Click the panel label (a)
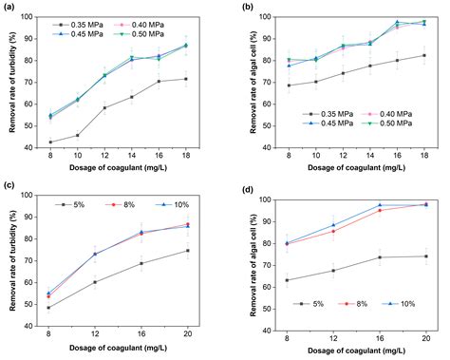pyautogui.click(x=9, y=8)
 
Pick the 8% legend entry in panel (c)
pyautogui.click(x=119, y=204)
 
